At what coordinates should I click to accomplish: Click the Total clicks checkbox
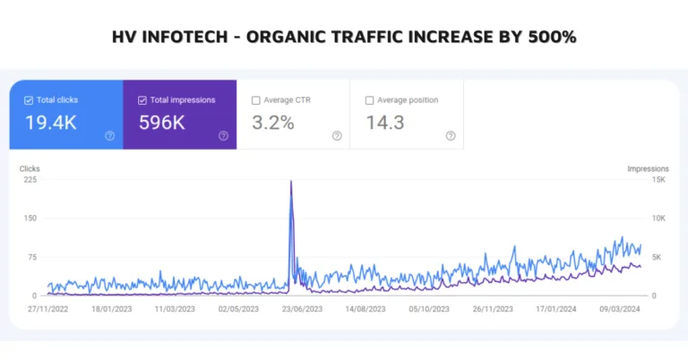coord(29,100)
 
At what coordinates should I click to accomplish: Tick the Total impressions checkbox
coord(142,100)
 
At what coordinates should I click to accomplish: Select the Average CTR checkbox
coord(256,100)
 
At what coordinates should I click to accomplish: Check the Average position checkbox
coord(370,100)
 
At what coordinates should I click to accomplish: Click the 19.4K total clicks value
coord(50,123)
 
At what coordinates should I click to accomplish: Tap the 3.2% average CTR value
coord(272,123)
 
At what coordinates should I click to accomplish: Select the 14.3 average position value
coord(385,123)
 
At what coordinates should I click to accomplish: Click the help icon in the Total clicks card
coord(109,136)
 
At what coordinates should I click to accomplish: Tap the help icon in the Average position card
coord(450,136)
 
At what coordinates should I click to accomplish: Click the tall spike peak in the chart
coord(291,183)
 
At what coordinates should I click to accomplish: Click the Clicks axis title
coord(30,167)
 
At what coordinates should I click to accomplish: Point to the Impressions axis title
coord(648,167)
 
